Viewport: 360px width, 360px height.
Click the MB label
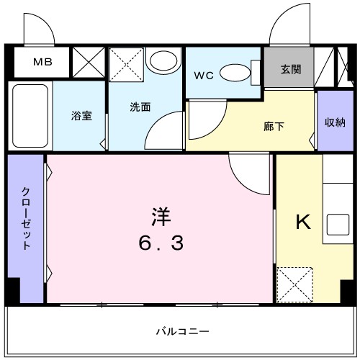(41, 62)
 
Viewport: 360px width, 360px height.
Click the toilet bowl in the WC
(234, 72)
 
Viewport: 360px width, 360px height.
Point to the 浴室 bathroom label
(81, 115)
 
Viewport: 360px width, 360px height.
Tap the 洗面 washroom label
(140, 107)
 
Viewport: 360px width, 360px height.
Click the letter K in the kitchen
(303, 222)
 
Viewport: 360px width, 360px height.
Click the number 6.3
(161, 243)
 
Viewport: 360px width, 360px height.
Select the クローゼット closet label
(26, 217)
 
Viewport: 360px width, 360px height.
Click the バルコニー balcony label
(183, 330)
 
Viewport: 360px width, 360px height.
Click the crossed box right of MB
(90, 63)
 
